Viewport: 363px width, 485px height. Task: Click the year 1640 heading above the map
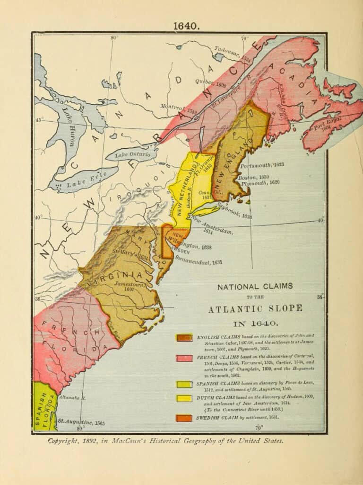point(186,26)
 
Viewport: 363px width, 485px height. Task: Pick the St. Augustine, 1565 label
point(81,422)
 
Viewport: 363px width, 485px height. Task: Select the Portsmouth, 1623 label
point(262,165)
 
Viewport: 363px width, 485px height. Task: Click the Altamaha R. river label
point(71,397)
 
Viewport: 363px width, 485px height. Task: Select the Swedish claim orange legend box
point(184,418)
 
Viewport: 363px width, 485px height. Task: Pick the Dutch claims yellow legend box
point(184,398)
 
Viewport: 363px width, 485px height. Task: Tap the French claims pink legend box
point(184,358)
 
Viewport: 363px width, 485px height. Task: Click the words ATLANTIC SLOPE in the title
point(255,309)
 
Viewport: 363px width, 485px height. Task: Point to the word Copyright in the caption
point(66,440)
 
